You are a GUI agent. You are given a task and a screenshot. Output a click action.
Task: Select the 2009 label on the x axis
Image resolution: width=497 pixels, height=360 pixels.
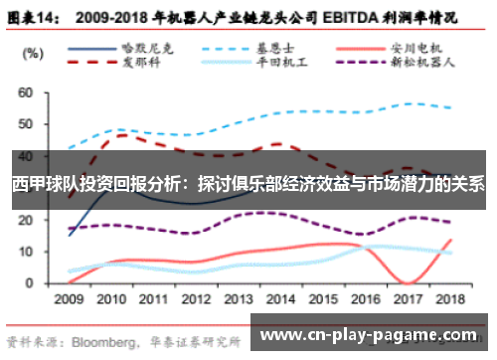pyautogui.click(x=69, y=297)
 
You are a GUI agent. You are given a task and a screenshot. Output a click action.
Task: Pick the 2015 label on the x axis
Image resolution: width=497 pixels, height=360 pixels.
pyautogui.click(x=323, y=297)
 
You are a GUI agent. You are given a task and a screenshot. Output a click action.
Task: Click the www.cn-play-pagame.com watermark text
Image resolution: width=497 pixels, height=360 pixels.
pyautogui.click(x=373, y=337)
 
